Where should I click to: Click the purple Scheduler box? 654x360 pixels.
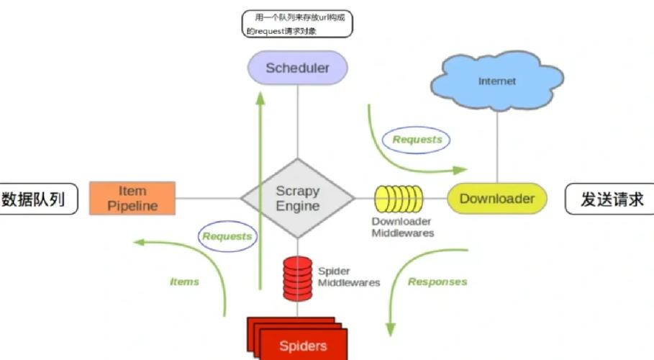point(297,68)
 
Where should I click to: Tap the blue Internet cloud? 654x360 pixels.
point(496,81)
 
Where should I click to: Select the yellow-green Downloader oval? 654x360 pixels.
point(496,199)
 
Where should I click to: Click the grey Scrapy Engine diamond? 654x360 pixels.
point(297,199)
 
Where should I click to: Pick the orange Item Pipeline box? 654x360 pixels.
point(132,199)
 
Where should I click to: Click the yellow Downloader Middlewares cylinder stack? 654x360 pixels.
point(399,199)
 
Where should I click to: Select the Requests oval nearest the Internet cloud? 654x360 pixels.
point(417,140)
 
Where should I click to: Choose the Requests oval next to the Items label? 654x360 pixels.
point(227,236)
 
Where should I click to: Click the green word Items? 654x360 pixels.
point(184,282)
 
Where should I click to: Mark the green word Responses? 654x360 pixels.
point(437,282)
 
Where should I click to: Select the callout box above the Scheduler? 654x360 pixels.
point(297,24)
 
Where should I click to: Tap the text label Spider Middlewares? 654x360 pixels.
point(349,277)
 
